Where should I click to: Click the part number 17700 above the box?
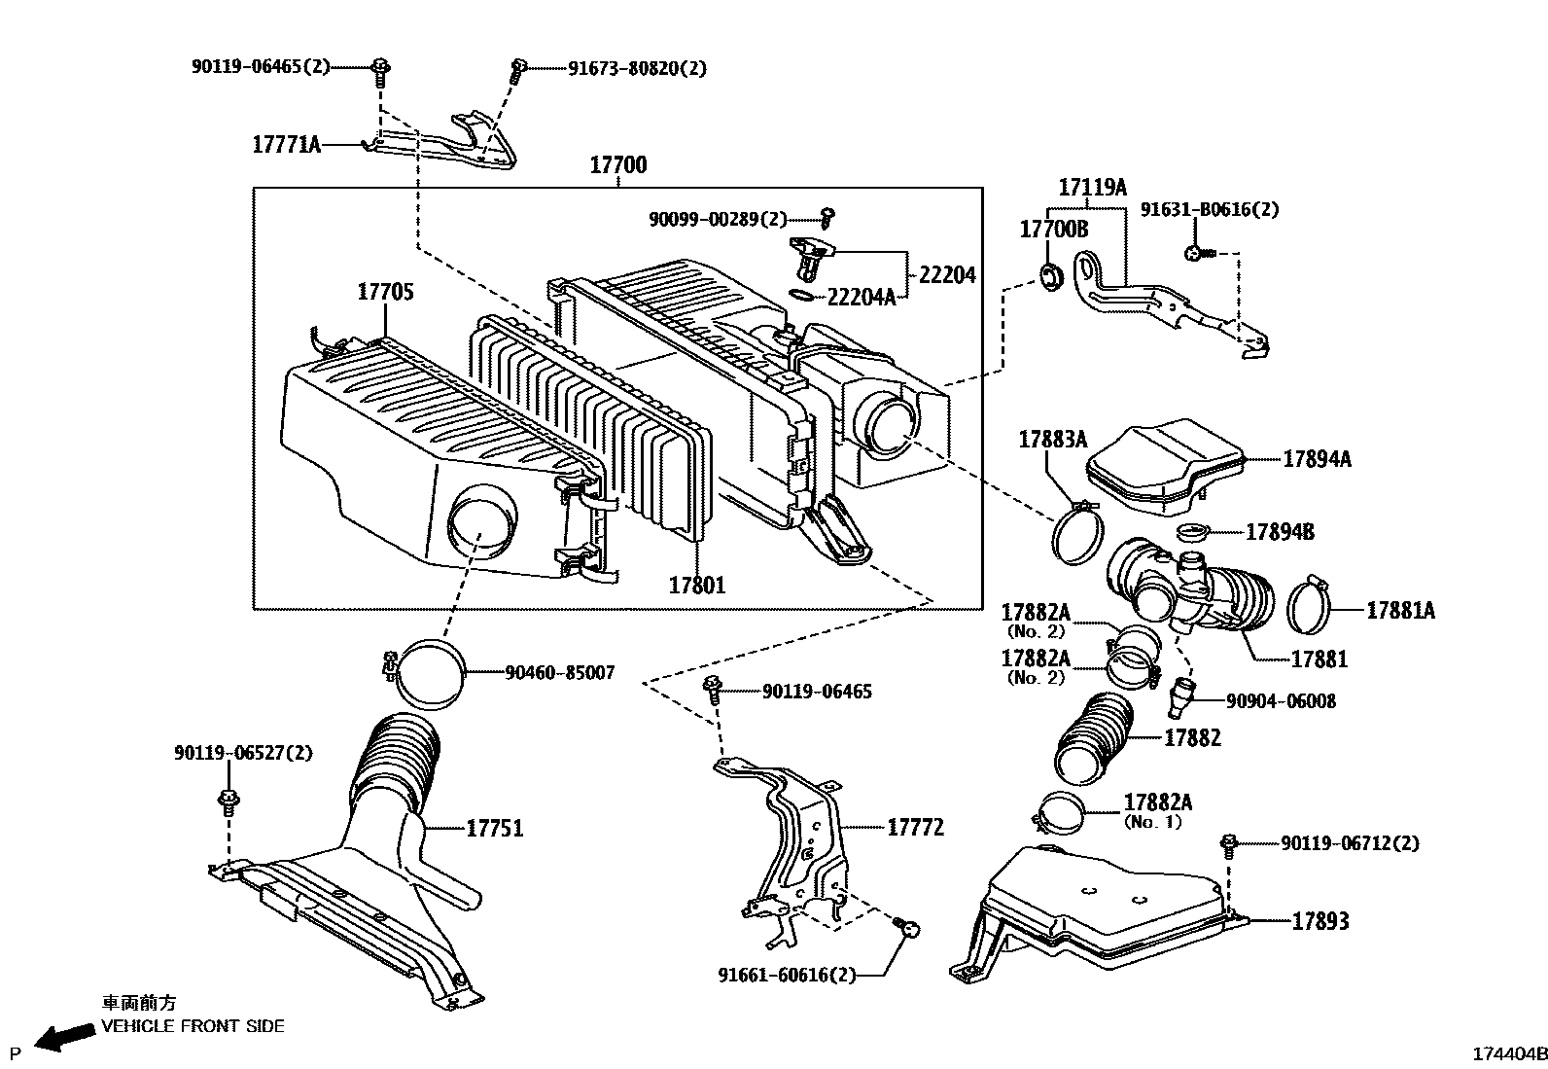[x=617, y=165]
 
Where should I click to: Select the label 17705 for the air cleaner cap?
[x=385, y=291]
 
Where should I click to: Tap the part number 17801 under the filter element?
[x=696, y=585]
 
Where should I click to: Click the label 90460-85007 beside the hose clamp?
[x=559, y=672]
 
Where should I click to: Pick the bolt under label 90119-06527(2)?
[x=229, y=802]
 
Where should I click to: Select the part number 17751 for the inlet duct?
[x=494, y=828]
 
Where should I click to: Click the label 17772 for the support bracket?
[x=915, y=827]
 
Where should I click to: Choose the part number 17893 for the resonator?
[x=1319, y=920]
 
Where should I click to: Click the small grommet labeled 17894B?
[x=1192, y=532]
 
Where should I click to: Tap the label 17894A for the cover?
[x=1316, y=459]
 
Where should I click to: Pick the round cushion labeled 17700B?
[x=1050, y=276]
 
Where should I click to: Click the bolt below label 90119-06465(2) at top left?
[x=380, y=70]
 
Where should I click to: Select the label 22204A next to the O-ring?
[x=861, y=297]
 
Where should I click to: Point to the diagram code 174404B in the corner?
[x=1508, y=1054]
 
